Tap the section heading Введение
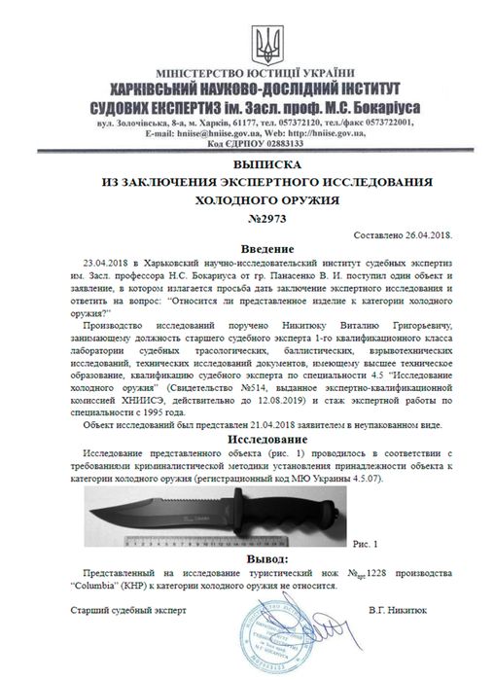[248, 250]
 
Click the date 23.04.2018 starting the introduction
[102, 264]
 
